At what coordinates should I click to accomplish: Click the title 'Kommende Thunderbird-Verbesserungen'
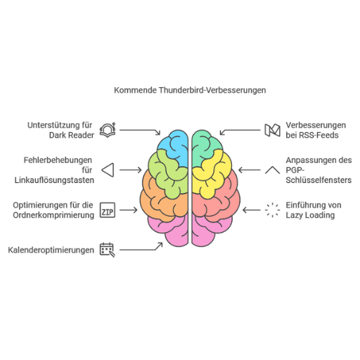190,90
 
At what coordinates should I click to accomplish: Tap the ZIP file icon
108,210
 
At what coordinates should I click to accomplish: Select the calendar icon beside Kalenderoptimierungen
108,250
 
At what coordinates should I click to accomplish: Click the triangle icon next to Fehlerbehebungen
108,170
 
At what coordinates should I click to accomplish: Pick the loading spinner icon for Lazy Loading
272,210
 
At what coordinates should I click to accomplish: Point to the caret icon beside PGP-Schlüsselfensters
272,169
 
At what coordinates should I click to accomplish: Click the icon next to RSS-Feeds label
272,130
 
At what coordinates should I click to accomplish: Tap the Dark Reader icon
108,130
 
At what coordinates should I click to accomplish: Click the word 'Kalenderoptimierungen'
51,250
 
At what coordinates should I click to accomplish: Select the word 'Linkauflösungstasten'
54,180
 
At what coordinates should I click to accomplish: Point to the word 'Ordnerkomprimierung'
53,215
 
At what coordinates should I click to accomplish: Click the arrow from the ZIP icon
129,210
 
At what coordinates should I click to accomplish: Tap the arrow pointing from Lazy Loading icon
251,210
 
